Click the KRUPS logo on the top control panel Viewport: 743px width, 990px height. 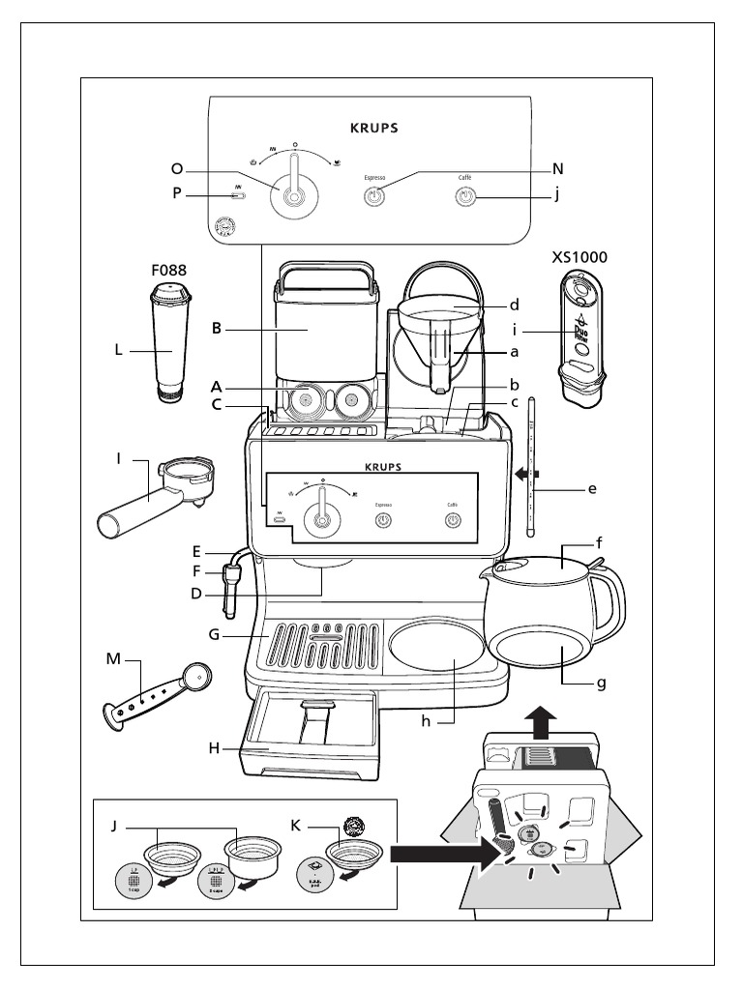coord(372,127)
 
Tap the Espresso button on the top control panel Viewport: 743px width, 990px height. coord(374,196)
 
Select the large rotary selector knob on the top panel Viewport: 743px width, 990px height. coord(295,192)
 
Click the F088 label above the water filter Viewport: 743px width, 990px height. coord(167,271)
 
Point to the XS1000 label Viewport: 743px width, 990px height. coord(580,258)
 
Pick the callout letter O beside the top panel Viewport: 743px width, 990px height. coord(177,169)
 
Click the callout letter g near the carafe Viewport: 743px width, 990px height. coord(602,684)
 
